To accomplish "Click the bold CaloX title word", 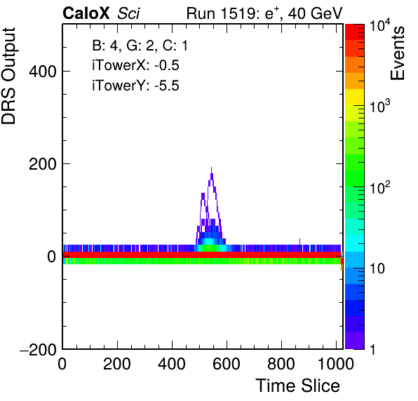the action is pos(86,13).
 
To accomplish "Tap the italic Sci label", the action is pos(128,13).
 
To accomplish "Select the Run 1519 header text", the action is pos(264,13).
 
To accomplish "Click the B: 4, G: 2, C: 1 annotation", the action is pos(140,46).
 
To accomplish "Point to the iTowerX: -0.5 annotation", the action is pos(135,65).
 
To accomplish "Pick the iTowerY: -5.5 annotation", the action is pos(135,86).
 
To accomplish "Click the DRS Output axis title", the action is pos(8,76).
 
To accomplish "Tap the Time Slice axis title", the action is pos(298,386).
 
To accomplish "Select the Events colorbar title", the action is pos(397,53).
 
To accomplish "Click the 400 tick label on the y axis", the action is pos(42,72).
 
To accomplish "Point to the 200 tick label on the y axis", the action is pos(42,164).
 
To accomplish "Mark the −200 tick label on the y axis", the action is pos(38,349).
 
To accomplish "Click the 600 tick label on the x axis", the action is pos(227,363).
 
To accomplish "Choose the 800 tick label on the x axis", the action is pos(281,363).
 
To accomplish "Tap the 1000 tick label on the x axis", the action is pos(336,363).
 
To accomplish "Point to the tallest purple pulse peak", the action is pos(211,168).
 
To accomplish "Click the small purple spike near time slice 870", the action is pos(299,241).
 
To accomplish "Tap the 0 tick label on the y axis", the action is pos(52,257).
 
